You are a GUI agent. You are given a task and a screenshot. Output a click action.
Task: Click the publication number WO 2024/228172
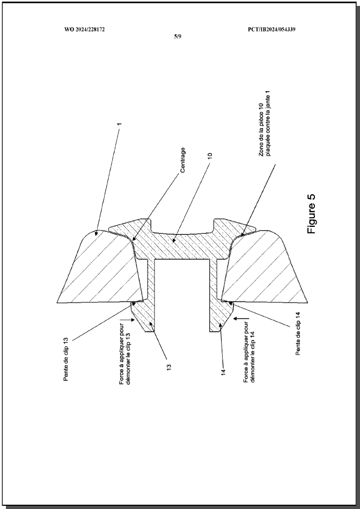(84, 29)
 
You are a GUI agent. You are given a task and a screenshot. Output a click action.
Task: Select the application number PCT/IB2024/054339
(271, 29)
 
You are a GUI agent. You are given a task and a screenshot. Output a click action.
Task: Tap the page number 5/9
(178, 36)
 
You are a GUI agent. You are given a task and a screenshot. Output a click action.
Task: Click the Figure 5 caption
(311, 213)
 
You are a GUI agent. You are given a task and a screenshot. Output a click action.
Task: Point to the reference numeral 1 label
(120, 124)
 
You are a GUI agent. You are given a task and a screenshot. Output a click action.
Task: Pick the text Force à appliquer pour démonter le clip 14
(249, 353)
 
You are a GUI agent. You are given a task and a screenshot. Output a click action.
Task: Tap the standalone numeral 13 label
(169, 367)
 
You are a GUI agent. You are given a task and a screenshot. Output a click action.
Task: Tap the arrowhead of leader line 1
(97, 233)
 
